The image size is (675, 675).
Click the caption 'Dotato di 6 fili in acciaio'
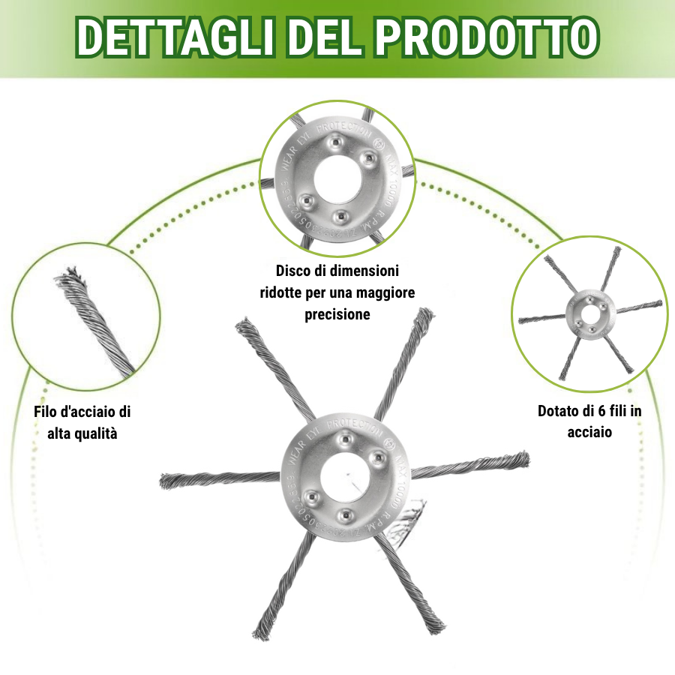[x=589, y=421]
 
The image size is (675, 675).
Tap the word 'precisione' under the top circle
[x=337, y=314]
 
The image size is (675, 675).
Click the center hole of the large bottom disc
[x=343, y=477]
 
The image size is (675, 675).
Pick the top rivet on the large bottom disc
[x=346, y=438]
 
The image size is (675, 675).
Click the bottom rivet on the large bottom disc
[x=345, y=515]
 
